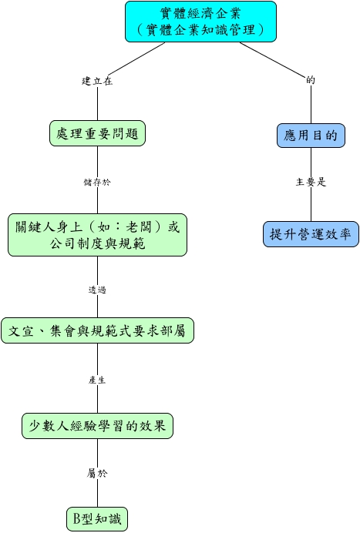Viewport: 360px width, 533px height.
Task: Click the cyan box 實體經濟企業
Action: [x=200, y=22]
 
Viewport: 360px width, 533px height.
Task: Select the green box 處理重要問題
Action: [x=97, y=133]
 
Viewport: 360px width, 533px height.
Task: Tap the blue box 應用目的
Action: [x=311, y=136]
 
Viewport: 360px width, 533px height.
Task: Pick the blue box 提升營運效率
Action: [x=311, y=234]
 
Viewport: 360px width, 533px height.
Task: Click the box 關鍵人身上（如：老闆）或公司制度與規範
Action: [x=97, y=235]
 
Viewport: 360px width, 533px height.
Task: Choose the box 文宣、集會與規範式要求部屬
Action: [x=97, y=330]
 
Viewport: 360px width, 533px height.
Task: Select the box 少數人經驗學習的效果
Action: [x=97, y=426]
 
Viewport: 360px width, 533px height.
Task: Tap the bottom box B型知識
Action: [x=97, y=519]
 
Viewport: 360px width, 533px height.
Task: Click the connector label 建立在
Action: [x=97, y=81]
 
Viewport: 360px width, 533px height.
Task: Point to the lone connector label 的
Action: [x=311, y=80]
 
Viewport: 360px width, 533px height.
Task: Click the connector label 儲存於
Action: [x=97, y=183]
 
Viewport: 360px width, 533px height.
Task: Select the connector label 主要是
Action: [x=311, y=183]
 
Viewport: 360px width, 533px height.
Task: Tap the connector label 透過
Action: [x=97, y=290]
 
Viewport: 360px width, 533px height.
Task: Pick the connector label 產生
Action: [x=97, y=380]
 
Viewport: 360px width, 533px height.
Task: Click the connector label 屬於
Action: [x=97, y=473]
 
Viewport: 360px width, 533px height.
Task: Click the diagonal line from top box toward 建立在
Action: [x=136, y=59]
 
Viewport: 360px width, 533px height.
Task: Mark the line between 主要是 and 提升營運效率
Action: [x=311, y=204]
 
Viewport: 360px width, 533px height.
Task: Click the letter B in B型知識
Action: [x=77, y=519]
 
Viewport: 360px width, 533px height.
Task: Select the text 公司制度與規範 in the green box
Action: [x=98, y=243]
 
